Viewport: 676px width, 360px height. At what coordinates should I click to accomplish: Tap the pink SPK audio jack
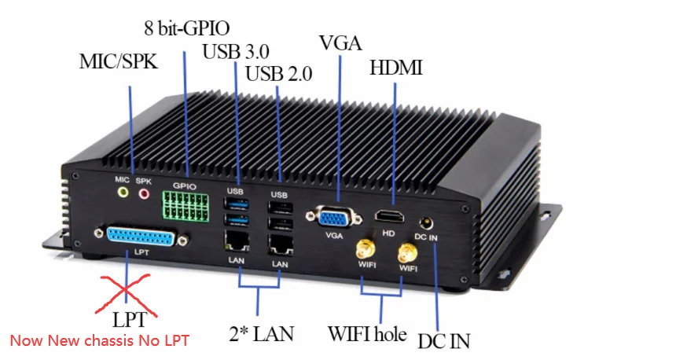click(x=144, y=191)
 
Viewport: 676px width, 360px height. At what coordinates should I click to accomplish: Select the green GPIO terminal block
click(x=187, y=208)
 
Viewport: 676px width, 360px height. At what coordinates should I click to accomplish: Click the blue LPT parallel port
click(x=138, y=235)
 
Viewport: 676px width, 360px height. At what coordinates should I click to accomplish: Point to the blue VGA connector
click(x=336, y=217)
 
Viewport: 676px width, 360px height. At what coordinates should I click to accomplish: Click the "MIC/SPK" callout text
click(x=119, y=61)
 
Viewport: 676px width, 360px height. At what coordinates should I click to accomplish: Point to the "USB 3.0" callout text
click(x=236, y=52)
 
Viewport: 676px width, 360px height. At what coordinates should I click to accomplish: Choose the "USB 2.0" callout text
click(x=279, y=75)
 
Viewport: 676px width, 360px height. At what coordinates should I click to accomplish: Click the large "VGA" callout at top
click(x=340, y=42)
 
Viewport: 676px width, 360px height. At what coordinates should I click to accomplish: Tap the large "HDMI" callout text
click(x=396, y=68)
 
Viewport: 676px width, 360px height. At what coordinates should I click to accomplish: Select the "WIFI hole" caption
click(x=367, y=334)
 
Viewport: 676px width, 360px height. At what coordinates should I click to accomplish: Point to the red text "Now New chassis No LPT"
click(x=99, y=341)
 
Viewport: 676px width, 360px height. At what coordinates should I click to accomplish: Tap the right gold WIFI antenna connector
click(x=406, y=253)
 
